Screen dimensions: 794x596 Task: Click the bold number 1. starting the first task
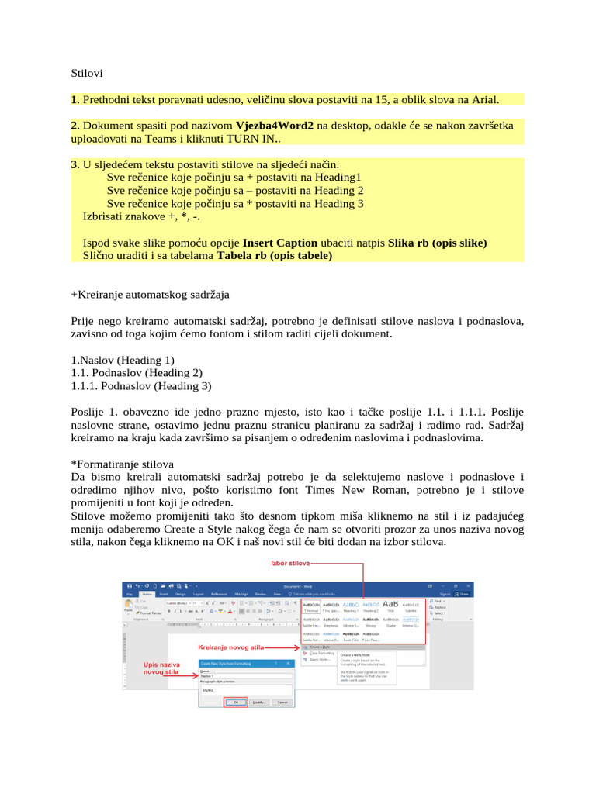pyautogui.click(x=74, y=99)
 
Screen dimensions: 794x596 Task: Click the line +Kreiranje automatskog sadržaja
pyautogui.click(x=150, y=295)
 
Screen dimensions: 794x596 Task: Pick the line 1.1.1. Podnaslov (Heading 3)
pyautogui.click(x=140, y=385)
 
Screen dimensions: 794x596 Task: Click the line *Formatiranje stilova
pyautogui.click(x=123, y=464)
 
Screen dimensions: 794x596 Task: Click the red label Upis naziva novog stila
pyautogui.click(x=161, y=668)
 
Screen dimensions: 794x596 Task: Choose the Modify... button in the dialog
pyautogui.click(x=258, y=703)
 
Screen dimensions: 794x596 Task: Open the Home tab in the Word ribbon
pyautogui.click(x=147, y=594)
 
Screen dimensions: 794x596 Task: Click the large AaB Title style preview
pyautogui.click(x=390, y=604)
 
